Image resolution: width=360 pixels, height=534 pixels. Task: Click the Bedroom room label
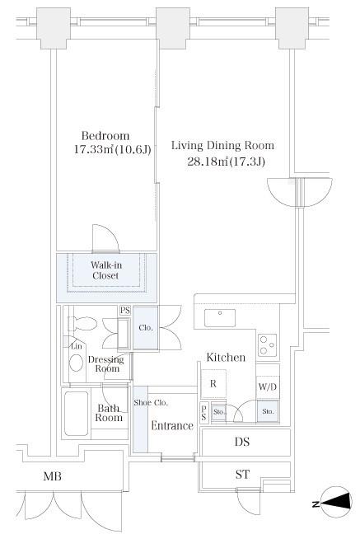(x=105, y=136)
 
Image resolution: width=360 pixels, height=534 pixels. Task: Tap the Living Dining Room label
(x=222, y=145)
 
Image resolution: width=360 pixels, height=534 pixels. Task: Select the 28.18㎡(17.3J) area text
(x=226, y=161)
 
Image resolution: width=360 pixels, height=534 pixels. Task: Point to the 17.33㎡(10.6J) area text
(x=112, y=149)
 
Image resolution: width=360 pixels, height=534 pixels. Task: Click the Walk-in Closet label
(x=106, y=270)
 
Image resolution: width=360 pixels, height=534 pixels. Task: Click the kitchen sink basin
(x=220, y=318)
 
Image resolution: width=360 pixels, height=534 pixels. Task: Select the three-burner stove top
(x=268, y=345)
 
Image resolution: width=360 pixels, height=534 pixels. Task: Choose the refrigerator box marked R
(x=213, y=383)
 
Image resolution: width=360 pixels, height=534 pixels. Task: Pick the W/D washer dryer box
(x=268, y=386)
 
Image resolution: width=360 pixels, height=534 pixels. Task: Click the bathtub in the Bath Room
(x=77, y=413)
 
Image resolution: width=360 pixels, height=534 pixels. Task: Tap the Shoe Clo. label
(x=151, y=402)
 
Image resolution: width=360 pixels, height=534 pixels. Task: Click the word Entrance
(x=172, y=425)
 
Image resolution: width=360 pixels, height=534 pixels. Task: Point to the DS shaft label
(x=242, y=442)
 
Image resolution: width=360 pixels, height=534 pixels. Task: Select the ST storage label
(x=242, y=474)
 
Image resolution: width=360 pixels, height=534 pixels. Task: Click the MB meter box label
(x=53, y=476)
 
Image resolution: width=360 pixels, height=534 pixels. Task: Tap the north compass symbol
(x=337, y=504)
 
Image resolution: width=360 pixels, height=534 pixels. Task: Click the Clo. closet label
(x=146, y=328)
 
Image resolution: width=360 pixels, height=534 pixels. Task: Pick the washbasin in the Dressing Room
(x=77, y=363)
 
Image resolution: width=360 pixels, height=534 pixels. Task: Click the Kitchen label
(x=226, y=358)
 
